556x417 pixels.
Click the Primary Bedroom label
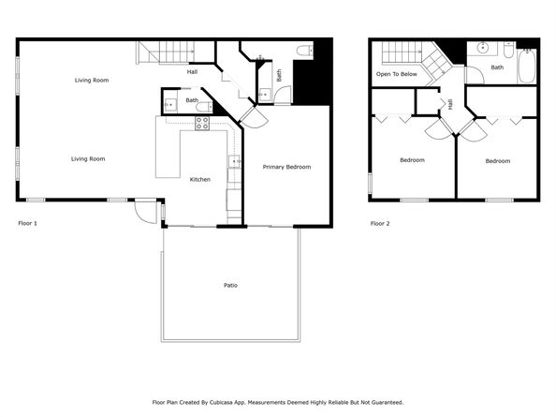tap(286, 167)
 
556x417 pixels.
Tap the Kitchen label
tap(200, 179)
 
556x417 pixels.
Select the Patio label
tap(229, 285)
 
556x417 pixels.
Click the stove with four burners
tap(202, 122)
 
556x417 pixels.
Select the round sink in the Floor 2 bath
tap(484, 47)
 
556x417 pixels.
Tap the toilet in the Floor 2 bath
tap(506, 49)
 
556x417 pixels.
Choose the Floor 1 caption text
tap(28, 223)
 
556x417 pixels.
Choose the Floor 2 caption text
tap(380, 223)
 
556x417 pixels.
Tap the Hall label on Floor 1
tap(192, 72)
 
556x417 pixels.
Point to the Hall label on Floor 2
tap(449, 105)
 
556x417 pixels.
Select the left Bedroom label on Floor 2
tap(412, 160)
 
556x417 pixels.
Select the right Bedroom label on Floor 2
tap(497, 160)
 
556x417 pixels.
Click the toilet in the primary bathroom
tap(305, 51)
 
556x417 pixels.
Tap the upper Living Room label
tap(92, 81)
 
